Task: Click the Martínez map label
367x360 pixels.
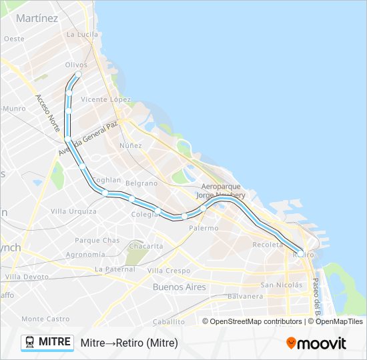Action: click(37, 18)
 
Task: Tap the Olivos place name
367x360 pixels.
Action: click(76, 65)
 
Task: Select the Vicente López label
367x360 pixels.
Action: click(105, 99)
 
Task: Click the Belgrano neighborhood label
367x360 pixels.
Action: click(141, 183)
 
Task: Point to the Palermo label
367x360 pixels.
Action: click(203, 228)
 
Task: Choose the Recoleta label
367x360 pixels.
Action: click(268, 245)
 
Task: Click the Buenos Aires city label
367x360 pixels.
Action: click(179, 287)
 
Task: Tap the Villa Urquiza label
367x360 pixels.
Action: click(73, 211)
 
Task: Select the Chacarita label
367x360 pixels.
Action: click(145, 246)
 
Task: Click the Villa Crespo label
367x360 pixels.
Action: click(168, 271)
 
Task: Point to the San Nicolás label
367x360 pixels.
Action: click(281, 285)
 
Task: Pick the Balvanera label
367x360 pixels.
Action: click(245, 295)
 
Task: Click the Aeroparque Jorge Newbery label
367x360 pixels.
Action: click(220, 191)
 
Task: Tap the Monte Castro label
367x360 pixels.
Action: click(45, 319)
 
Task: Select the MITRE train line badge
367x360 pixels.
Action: click(47, 342)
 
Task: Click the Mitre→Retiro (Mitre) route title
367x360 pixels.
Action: click(129, 343)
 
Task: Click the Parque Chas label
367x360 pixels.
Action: click(97, 241)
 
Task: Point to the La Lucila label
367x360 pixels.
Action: click(82, 34)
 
